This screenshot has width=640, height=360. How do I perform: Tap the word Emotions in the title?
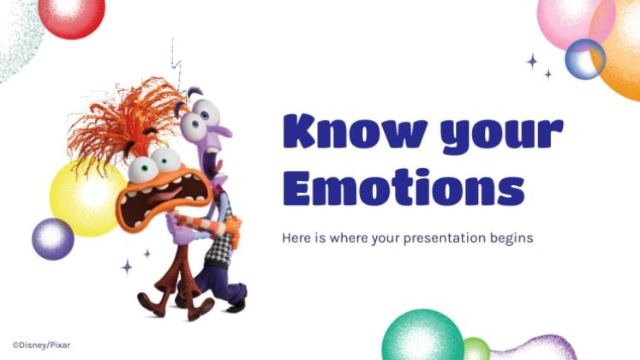click(404, 187)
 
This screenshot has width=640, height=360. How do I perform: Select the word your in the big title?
click(502, 135)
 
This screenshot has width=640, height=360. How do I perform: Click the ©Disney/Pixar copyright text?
click(41, 345)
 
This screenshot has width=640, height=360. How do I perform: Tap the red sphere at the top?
click(72, 16)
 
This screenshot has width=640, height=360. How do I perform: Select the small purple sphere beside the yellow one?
click(53, 239)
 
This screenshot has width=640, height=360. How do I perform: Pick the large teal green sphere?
click(423, 337)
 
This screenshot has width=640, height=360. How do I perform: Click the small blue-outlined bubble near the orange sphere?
click(585, 59)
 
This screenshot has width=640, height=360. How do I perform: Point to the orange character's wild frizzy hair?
click(123, 123)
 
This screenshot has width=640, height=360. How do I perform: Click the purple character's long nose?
click(221, 131)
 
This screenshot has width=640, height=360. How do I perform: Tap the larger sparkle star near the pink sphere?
click(531, 62)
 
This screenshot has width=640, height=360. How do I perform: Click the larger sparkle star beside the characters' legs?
click(127, 267)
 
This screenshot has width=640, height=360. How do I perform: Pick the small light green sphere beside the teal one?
click(476, 349)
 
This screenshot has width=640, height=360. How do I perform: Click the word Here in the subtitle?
click(296, 237)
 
